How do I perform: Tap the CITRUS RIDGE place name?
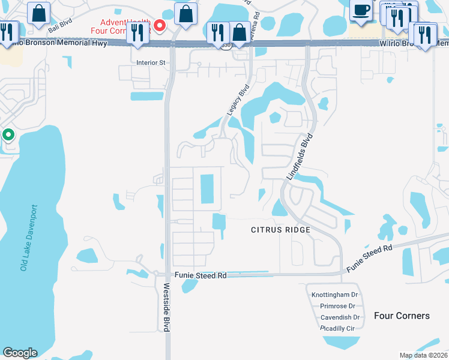pos(280,230)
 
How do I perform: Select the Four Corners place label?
pos(402,316)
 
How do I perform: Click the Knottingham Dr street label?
pos(335,295)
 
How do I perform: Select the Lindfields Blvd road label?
pos(300,156)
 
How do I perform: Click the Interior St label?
pos(151,62)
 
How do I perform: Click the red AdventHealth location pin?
pos(160,25)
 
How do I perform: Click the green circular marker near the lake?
pos(8,134)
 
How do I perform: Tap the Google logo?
pos(20,353)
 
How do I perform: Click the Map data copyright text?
pos(423,355)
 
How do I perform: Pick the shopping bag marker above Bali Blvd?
pos(39,14)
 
